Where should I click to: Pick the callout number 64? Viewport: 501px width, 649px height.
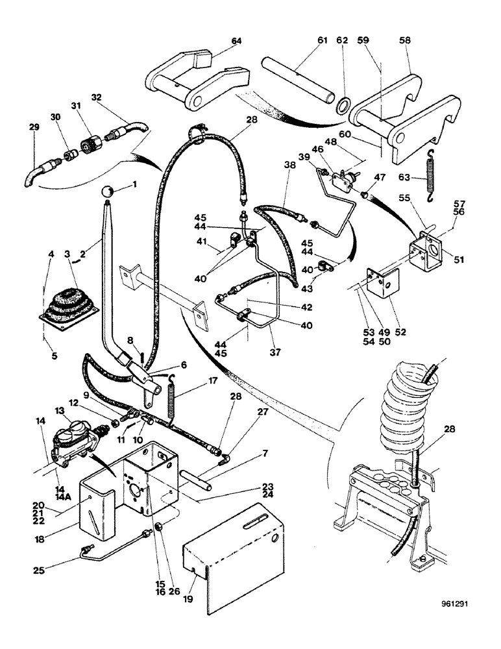point(236,41)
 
